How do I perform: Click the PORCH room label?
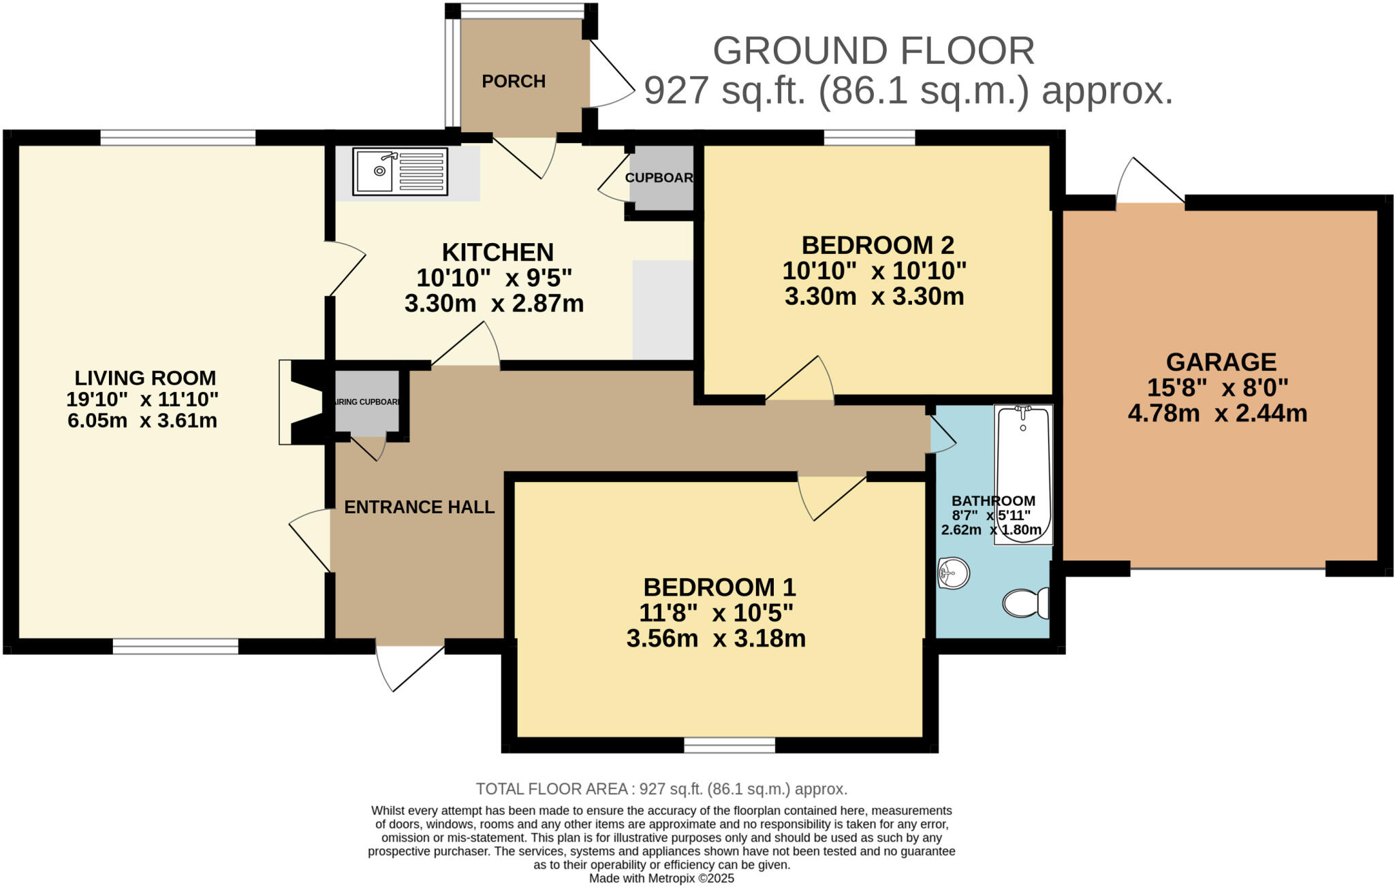click(x=514, y=81)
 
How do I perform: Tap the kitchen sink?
click(x=401, y=172)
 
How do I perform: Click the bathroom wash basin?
click(x=954, y=573)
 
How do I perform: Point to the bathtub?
click(x=1023, y=474)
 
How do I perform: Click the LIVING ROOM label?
click(x=145, y=378)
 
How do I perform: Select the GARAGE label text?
click(x=1221, y=361)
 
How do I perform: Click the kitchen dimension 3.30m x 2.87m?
click(x=495, y=304)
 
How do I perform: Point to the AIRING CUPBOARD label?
click(x=367, y=402)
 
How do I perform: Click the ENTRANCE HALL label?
click(x=420, y=507)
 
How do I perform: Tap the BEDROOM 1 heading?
click(x=720, y=587)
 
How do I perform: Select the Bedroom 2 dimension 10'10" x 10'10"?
click(x=875, y=271)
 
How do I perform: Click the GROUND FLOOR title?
click(x=874, y=50)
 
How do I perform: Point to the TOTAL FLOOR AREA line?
click(x=661, y=789)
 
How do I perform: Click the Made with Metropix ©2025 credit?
click(x=661, y=878)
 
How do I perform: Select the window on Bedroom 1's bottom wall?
click(x=730, y=745)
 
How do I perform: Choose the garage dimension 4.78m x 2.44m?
click(x=1217, y=413)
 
